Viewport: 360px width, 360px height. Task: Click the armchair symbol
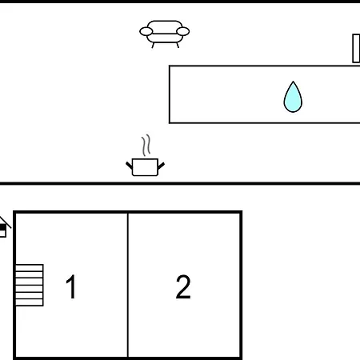click(x=165, y=34)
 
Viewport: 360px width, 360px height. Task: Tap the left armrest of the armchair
click(x=146, y=31)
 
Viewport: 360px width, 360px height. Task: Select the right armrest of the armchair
click(x=183, y=31)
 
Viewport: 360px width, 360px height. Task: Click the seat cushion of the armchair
click(x=165, y=38)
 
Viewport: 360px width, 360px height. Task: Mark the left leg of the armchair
click(x=153, y=46)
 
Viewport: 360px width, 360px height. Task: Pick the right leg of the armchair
click(x=178, y=46)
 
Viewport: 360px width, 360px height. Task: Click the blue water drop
click(x=293, y=97)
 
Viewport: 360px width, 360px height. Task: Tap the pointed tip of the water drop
click(x=293, y=82)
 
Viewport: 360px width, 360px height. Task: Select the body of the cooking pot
click(x=145, y=167)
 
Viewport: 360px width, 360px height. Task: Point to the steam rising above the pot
click(x=146, y=145)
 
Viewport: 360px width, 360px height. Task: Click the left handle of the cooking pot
click(x=129, y=166)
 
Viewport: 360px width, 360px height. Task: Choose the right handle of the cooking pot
click(x=162, y=166)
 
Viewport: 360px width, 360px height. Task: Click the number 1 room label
click(x=71, y=286)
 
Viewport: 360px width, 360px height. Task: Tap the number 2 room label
click(x=183, y=286)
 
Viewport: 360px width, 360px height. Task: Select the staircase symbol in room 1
click(x=30, y=285)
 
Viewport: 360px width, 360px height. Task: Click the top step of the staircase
click(x=30, y=268)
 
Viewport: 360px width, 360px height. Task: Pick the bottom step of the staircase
click(x=30, y=302)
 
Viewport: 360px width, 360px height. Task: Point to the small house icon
click(x=4, y=227)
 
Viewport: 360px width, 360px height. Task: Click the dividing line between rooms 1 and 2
click(x=128, y=285)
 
